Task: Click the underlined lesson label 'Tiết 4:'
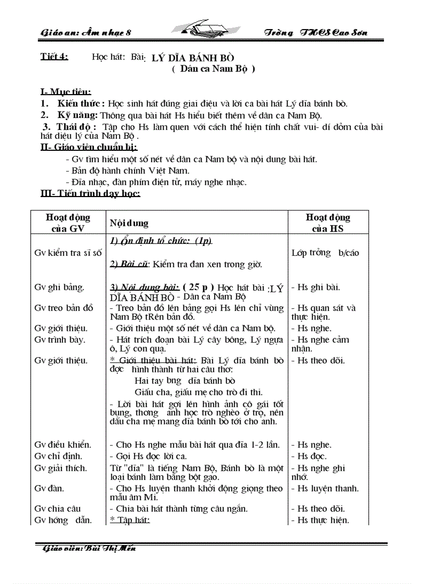[54, 57]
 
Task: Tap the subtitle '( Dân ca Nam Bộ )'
[213, 68]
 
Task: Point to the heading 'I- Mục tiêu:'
[65, 92]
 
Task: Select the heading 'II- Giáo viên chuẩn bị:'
[89, 148]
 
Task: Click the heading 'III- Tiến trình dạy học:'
[90, 194]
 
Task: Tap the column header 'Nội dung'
[129, 223]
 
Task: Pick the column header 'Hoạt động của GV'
[68, 223]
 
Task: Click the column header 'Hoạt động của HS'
[328, 223]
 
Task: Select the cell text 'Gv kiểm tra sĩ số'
[68, 253]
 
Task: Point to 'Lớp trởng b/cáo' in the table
[325, 253]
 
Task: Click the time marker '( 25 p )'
[198, 287]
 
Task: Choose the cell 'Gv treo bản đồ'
[64, 308]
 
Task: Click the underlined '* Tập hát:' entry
[129, 520]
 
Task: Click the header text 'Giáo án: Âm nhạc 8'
[86, 33]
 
